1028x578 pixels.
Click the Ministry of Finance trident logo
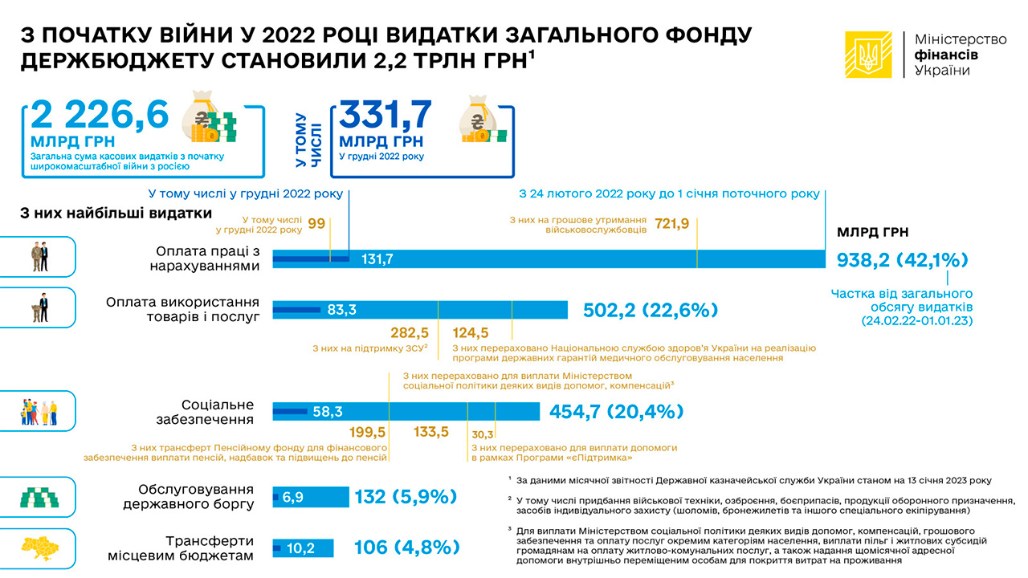click(868, 55)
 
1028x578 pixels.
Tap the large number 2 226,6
click(100, 116)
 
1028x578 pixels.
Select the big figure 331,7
click(386, 116)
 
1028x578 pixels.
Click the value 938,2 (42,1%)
click(903, 260)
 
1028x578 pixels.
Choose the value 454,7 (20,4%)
click(616, 412)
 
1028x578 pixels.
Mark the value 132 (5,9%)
click(406, 497)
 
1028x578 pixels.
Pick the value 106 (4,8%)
click(406, 547)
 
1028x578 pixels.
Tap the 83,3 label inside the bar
click(341, 310)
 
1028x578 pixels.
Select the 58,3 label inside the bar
click(328, 412)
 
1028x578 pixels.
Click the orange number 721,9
click(672, 224)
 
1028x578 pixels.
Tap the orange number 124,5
click(471, 332)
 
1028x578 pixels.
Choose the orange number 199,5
click(368, 433)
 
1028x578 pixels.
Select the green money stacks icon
click(39, 498)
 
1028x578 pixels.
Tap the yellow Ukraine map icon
click(39, 548)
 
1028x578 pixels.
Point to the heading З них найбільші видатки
click(116, 214)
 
